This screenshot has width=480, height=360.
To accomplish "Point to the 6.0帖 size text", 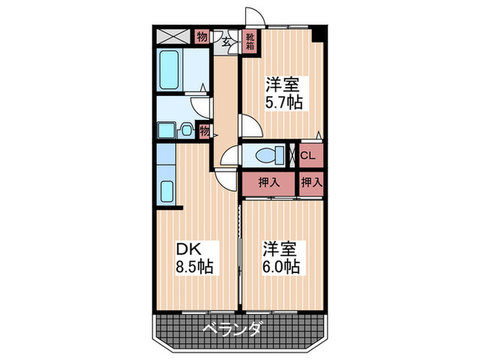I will [280, 265].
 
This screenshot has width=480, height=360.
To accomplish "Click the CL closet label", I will [308, 156].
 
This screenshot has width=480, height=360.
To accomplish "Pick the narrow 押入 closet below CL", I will [311, 182].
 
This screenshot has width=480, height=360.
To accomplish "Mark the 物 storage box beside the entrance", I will [202, 36].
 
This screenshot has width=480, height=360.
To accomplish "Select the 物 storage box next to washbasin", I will [204, 130].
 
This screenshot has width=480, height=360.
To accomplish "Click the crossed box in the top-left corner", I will [175, 37].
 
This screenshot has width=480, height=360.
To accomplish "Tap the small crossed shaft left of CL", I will [291, 155].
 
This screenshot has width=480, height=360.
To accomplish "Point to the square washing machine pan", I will [166, 130].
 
